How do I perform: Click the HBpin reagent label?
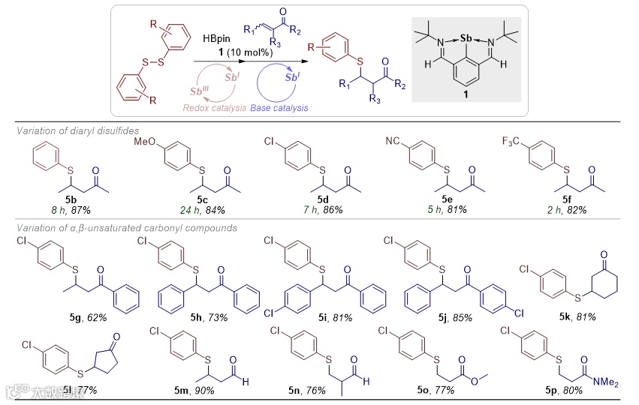[216, 37]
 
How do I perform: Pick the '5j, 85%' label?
[437, 316]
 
